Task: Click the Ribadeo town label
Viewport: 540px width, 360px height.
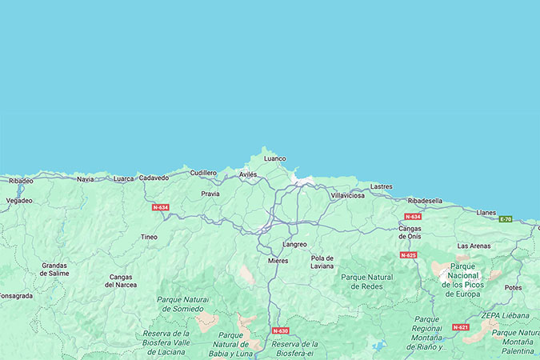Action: tap(21, 181)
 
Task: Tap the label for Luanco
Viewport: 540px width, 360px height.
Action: tap(274, 158)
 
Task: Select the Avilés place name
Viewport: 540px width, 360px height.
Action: tap(249, 174)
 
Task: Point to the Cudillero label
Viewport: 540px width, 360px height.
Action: tap(203, 173)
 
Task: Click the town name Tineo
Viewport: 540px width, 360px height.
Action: tap(149, 237)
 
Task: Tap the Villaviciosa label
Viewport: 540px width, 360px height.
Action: tap(347, 195)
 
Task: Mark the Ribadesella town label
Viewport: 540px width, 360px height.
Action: tap(425, 201)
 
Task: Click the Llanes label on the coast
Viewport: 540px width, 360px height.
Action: tap(486, 213)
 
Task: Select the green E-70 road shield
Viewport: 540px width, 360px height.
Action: tap(506, 219)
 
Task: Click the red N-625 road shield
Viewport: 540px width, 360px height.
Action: tap(408, 255)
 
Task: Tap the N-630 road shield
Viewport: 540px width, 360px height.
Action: tap(280, 330)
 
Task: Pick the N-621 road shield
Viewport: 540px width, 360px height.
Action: tap(460, 327)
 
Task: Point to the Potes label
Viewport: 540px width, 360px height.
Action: tap(513, 287)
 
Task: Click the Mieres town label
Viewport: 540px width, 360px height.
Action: tap(278, 261)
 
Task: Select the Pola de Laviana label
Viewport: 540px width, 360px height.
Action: tap(322, 262)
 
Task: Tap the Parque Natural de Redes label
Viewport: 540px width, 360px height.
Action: tap(367, 282)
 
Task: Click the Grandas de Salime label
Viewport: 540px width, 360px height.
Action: tap(55, 269)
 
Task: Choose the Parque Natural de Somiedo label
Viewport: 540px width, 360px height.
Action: tap(183, 304)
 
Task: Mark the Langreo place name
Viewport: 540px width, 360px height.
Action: tap(294, 244)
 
